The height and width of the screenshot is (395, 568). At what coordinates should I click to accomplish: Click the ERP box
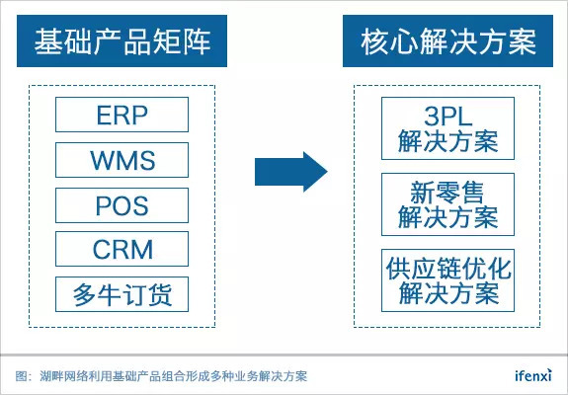(122, 115)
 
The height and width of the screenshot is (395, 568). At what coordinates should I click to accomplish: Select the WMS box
(122, 160)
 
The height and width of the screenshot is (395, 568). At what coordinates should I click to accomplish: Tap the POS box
(122, 205)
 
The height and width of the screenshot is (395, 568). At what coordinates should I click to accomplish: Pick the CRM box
(122, 249)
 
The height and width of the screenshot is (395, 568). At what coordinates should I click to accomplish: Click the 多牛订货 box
(122, 294)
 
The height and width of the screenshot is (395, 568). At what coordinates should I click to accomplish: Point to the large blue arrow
(290, 172)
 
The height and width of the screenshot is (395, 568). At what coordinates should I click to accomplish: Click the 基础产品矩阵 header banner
(122, 40)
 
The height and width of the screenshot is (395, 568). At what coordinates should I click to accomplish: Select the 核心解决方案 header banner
(447, 40)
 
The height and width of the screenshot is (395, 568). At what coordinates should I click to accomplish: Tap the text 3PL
(448, 117)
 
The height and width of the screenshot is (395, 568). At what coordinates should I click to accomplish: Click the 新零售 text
(447, 193)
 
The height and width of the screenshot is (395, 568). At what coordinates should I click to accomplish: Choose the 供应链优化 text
(448, 269)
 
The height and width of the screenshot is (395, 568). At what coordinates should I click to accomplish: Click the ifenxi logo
(533, 375)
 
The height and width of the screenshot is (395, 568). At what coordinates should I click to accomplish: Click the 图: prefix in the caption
(24, 376)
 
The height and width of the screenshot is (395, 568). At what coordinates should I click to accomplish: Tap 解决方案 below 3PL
(448, 141)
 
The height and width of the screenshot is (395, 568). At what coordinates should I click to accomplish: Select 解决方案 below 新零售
(448, 217)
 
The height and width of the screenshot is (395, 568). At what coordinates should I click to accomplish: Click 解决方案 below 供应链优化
(448, 293)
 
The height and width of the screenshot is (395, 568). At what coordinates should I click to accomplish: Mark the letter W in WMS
(103, 160)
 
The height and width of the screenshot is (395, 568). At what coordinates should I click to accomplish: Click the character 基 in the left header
(48, 41)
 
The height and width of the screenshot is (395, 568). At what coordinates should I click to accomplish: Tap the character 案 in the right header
(522, 41)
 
